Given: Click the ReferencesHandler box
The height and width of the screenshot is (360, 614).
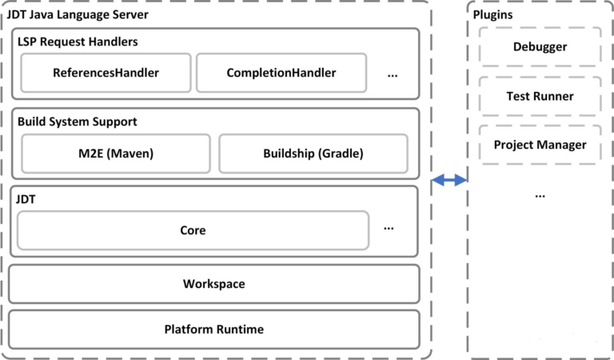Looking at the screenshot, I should click(x=106, y=73).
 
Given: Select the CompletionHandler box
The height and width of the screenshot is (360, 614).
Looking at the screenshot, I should click(x=281, y=73).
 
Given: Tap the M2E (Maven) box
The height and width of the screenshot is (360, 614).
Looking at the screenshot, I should click(x=116, y=154).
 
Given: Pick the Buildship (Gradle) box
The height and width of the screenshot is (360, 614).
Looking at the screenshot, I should click(x=313, y=154).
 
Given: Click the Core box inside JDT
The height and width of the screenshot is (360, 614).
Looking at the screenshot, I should click(x=193, y=230).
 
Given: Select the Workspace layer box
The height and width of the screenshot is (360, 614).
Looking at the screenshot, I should click(x=213, y=284).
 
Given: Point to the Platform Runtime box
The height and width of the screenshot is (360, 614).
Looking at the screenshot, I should click(x=213, y=329).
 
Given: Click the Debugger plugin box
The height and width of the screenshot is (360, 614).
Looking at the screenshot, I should click(x=540, y=46).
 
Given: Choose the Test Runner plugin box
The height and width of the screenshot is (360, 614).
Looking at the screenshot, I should click(x=540, y=96).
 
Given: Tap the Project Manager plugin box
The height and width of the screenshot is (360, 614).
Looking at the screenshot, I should click(x=540, y=145).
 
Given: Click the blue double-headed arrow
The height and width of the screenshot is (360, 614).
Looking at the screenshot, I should click(x=449, y=181).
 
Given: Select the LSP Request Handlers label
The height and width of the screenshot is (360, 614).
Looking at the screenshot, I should click(x=77, y=41).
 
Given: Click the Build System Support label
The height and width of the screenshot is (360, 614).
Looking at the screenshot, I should click(x=78, y=122).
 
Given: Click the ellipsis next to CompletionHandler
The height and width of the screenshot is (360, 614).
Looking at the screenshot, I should click(x=393, y=74).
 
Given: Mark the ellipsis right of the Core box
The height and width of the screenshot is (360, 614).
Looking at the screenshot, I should click(x=389, y=228).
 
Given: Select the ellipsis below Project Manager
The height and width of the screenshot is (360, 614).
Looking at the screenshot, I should click(x=540, y=194).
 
